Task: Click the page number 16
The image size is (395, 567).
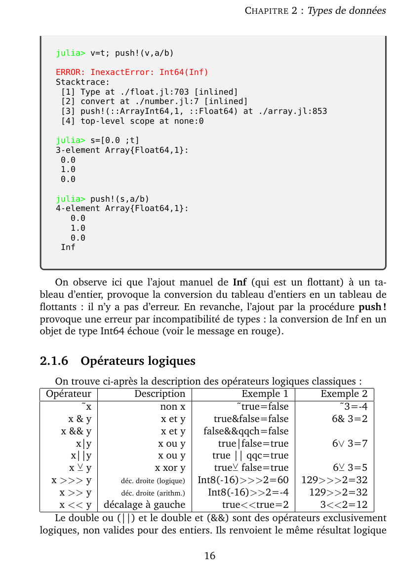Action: pyautogui.click(x=210, y=556)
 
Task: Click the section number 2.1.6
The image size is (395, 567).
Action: pyautogui.click(x=54, y=361)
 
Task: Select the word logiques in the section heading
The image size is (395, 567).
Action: pyautogui.click(x=171, y=361)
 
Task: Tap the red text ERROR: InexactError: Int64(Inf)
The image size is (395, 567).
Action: pyautogui.click(x=132, y=72)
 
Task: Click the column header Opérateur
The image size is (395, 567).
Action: pyautogui.click(x=69, y=393)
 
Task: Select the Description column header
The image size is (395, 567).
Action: pyautogui.click(x=159, y=393)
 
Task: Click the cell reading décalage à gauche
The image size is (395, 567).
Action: pyautogui.click(x=144, y=504)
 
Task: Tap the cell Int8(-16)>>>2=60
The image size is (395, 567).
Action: pyautogui.click(x=243, y=480)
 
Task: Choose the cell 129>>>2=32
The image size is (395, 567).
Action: pyautogui.click(x=334, y=480)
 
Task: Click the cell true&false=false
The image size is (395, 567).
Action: pyautogui.click(x=251, y=419)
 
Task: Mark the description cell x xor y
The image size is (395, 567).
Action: pyautogui.click(x=170, y=467)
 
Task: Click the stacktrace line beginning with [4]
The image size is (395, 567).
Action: pyautogui.click(x=132, y=121)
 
